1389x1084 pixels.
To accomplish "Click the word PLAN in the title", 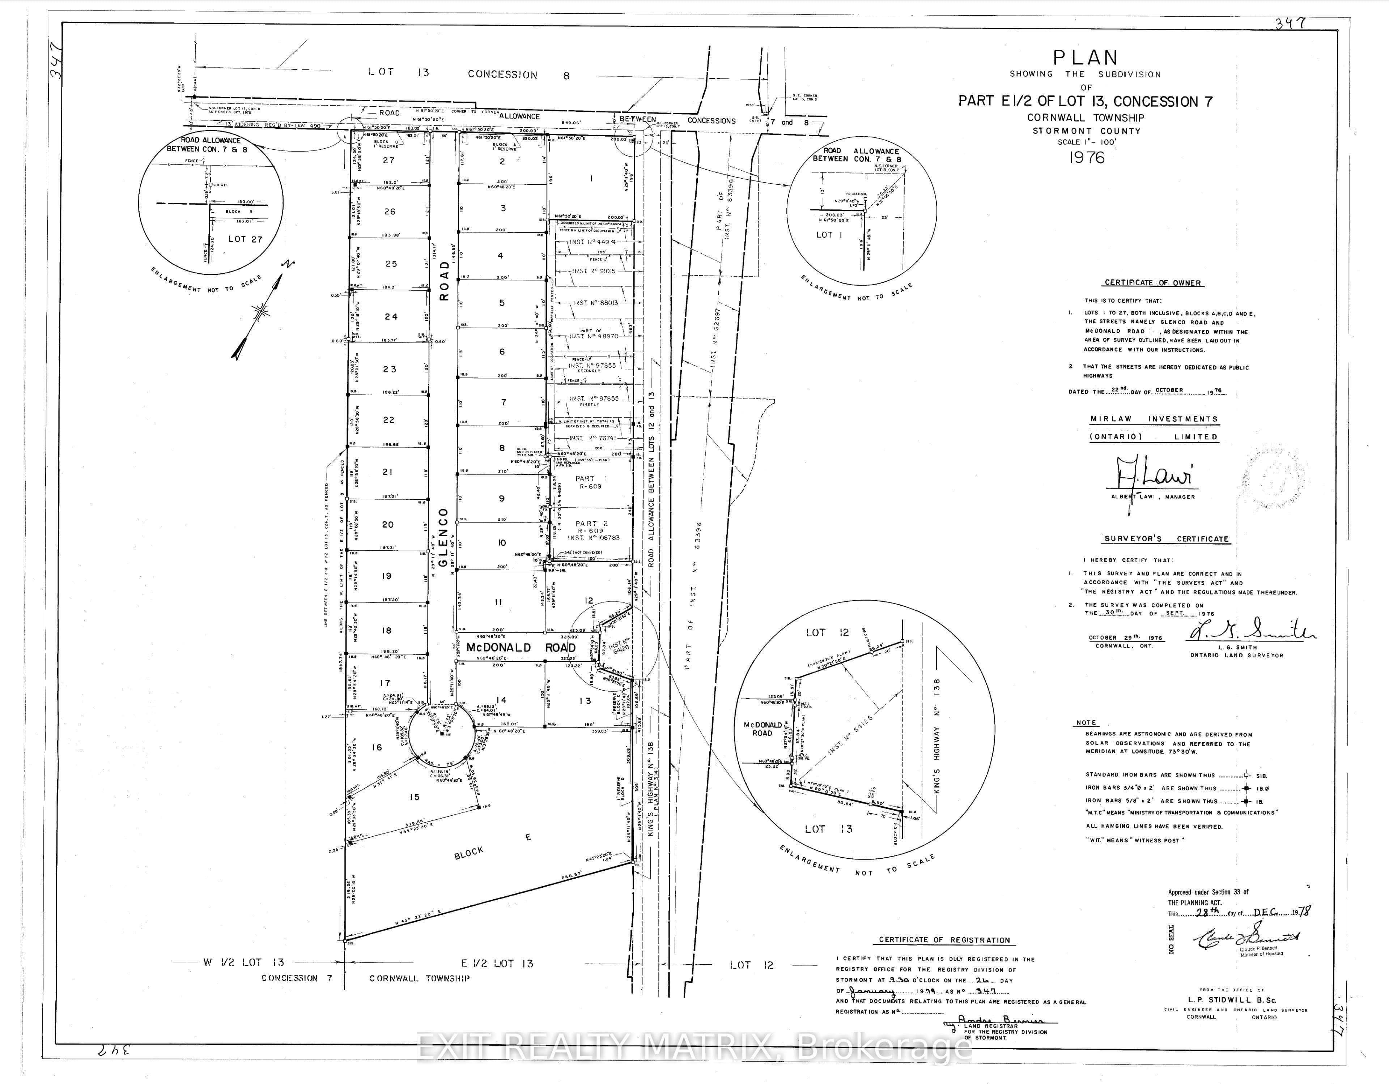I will [1085, 58].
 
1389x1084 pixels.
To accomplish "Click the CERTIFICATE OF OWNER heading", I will [1152, 283].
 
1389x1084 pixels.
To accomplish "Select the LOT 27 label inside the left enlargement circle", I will [245, 239].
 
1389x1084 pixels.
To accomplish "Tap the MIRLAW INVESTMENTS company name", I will [1154, 419].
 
